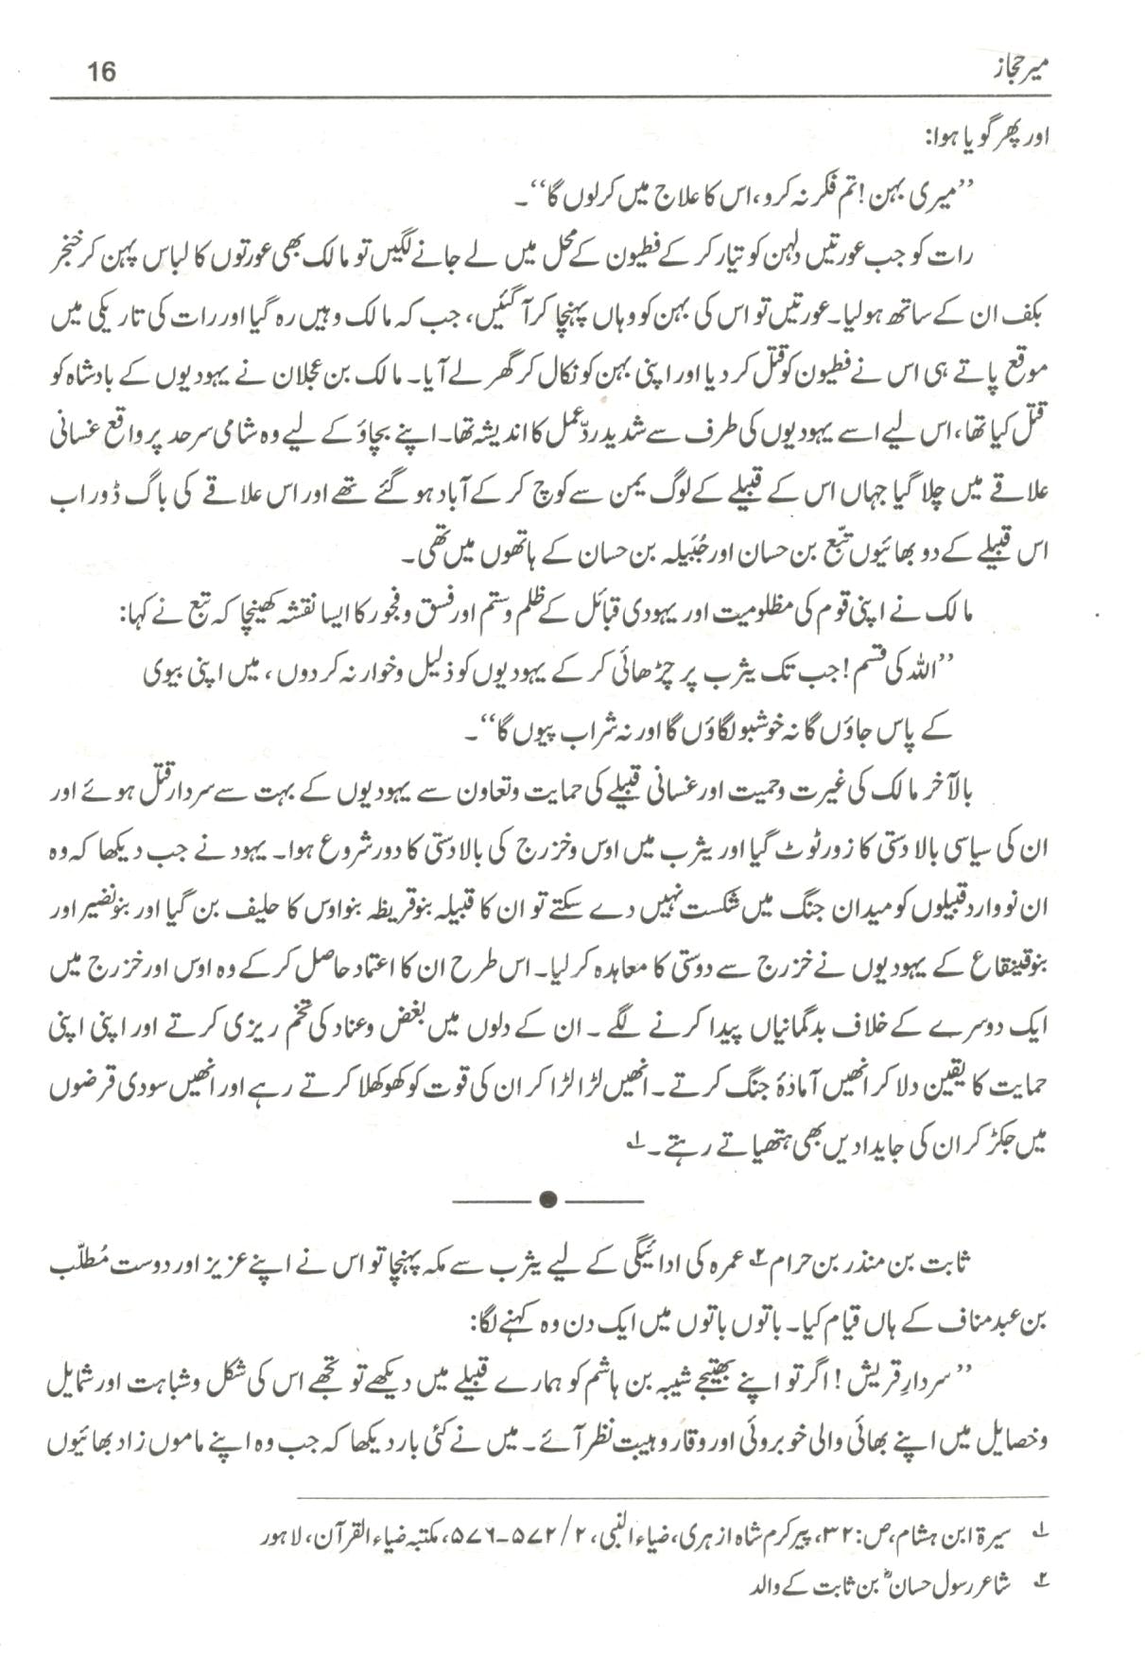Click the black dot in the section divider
pos(546,1199)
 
